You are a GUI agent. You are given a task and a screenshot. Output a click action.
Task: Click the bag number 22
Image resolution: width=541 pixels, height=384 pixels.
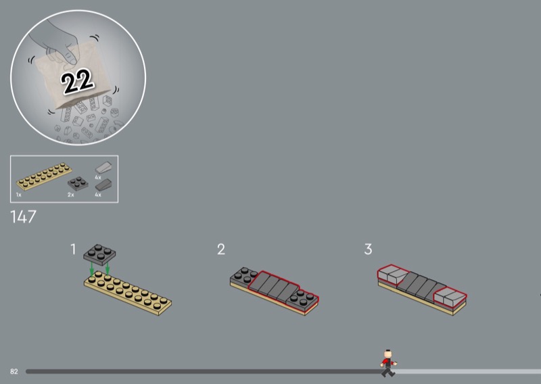tap(76, 80)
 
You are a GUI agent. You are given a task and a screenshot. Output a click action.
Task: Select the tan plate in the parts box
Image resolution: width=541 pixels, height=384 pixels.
tap(44, 176)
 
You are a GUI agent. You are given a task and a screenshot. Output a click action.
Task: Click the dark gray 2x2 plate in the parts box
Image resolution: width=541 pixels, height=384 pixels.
tap(78, 183)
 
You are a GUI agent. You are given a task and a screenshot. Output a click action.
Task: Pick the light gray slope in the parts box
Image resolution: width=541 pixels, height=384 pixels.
tap(103, 168)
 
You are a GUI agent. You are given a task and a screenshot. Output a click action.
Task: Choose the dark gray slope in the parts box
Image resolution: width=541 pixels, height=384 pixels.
tap(103, 185)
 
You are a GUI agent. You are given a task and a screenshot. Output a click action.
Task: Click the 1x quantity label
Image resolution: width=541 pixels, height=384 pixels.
tap(19, 195)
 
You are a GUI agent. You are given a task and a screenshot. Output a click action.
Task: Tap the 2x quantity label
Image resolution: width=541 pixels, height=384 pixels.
tap(71, 195)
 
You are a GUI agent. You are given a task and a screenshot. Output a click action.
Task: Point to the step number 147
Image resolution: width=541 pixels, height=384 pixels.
tap(23, 216)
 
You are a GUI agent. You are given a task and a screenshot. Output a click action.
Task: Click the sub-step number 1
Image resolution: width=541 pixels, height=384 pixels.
tap(73, 249)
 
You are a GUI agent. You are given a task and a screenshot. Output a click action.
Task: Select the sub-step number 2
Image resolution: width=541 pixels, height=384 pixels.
tap(221, 249)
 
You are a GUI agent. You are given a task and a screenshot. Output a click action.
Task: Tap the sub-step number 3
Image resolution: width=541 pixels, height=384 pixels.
tap(368, 249)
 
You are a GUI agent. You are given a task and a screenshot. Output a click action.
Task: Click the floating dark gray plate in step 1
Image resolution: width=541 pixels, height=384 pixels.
tap(99, 255)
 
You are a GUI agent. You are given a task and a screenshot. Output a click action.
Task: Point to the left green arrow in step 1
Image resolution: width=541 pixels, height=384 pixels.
tap(92, 269)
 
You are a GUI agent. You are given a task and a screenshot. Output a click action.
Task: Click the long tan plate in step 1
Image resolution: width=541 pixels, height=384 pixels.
tap(128, 293)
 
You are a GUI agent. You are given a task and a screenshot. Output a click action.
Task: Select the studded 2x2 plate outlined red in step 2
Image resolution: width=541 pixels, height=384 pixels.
tap(302, 299)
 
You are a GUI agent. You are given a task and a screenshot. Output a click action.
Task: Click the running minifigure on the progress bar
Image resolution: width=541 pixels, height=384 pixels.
tap(388, 363)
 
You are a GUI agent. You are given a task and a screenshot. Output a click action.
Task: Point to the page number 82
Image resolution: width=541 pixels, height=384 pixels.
tap(14, 372)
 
